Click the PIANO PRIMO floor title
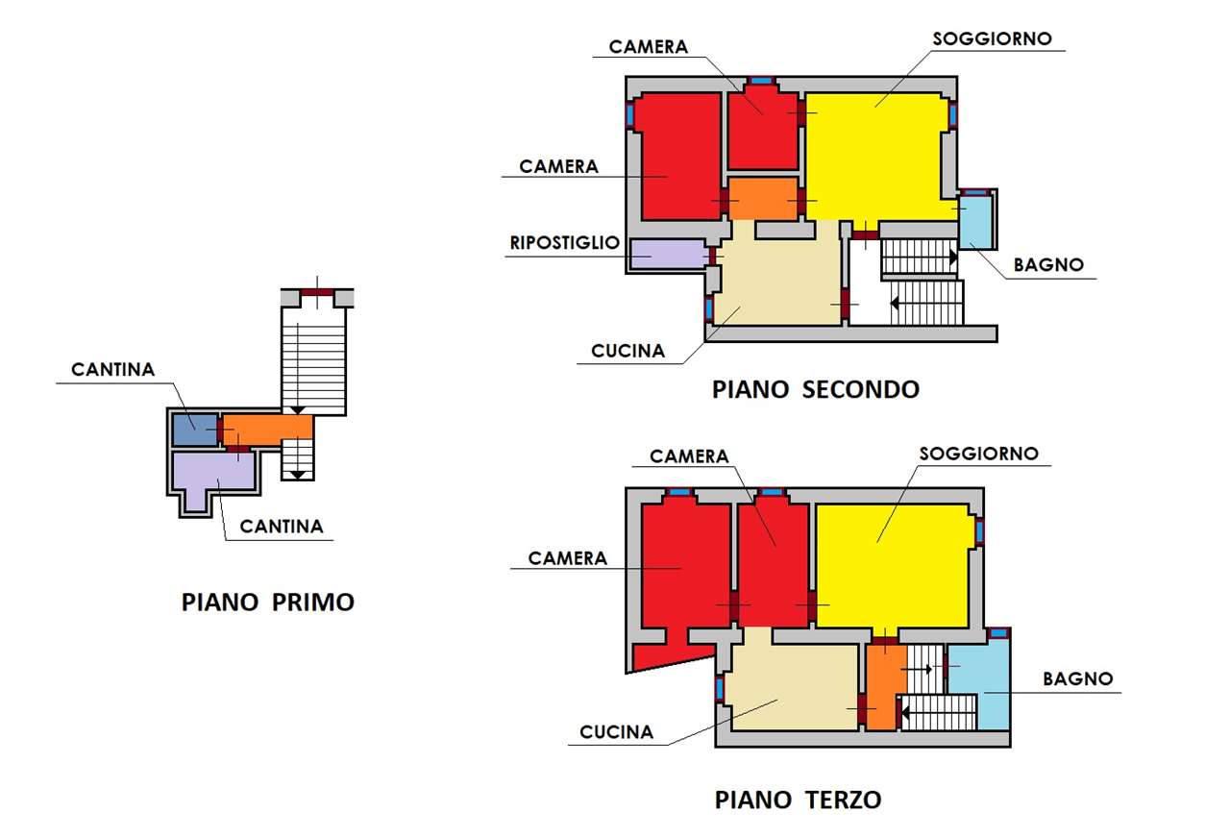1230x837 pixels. click(268, 603)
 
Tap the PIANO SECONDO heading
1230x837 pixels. click(816, 389)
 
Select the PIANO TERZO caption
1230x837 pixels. click(798, 800)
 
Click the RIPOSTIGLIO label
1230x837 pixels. click(564, 243)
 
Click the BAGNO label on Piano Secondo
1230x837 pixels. click(1048, 265)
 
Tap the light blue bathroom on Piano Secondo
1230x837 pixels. click(975, 221)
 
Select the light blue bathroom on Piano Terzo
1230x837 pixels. click(978, 685)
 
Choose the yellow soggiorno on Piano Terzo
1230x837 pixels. click(892, 566)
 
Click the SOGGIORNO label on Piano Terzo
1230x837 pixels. click(978, 454)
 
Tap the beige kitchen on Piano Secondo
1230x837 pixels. click(778, 280)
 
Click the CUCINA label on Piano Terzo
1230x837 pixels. click(616, 732)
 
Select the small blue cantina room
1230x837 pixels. click(195, 430)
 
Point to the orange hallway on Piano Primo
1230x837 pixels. click(268, 431)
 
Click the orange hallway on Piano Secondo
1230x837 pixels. click(763, 198)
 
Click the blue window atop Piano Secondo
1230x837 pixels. click(760, 81)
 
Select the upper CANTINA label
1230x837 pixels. click(112, 370)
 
